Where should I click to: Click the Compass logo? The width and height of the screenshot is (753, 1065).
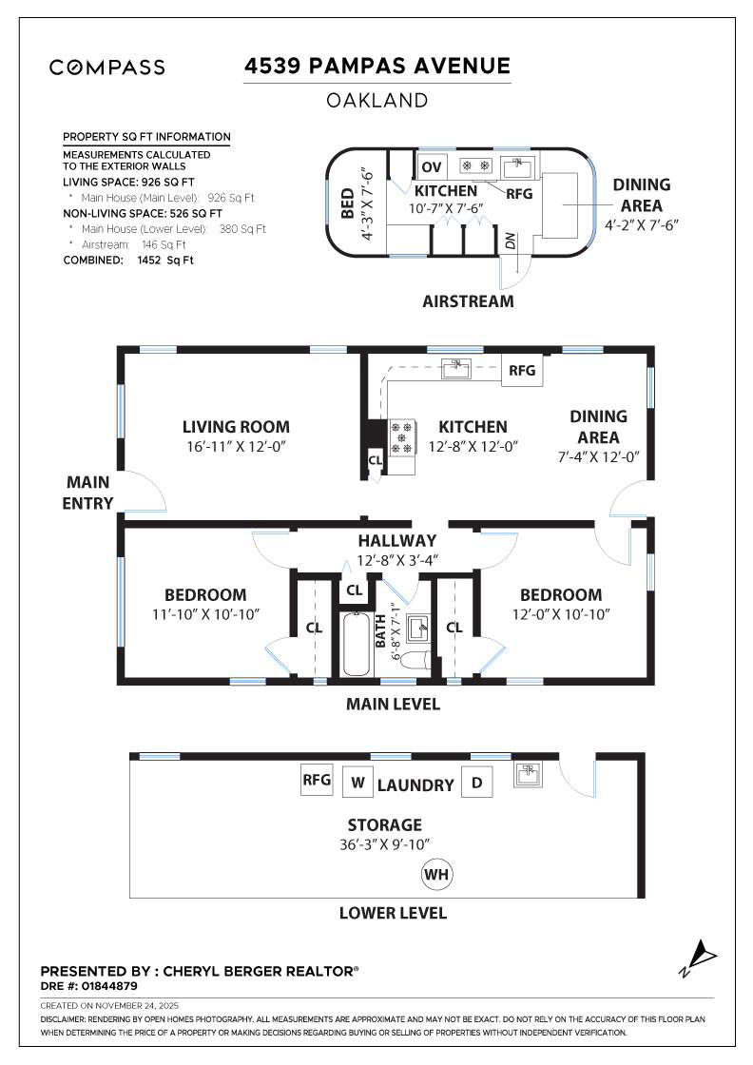[106, 68]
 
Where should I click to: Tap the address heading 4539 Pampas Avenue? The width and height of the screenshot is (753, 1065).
[377, 66]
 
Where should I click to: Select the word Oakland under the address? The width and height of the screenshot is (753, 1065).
[377, 100]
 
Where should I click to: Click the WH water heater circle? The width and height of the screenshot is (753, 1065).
[436, 874]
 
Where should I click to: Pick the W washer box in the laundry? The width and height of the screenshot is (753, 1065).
[357, 783]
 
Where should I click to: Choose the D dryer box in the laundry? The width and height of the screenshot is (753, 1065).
[476, 783]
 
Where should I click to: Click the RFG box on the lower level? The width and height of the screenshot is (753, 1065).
[316, 781]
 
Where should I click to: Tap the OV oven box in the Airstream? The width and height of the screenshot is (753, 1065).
[432, 167]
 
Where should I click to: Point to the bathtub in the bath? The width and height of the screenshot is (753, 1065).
[357, 644]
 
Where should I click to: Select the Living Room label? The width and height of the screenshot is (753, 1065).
[236, 427]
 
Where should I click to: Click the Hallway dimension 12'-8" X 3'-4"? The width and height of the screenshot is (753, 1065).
[396, 560]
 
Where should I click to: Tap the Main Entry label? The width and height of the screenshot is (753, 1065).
[88, 493]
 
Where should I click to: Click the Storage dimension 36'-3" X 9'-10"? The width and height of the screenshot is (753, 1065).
[384, 843]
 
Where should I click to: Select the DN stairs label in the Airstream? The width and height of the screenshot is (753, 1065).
[511, 242]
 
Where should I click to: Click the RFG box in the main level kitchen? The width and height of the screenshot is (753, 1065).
[522, 371]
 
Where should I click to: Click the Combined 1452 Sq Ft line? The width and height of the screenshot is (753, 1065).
[127, 260]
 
